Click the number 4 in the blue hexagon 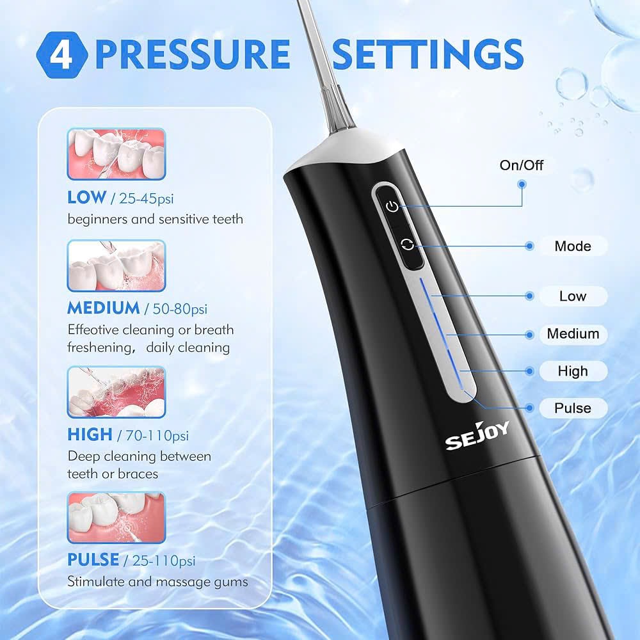pos(61,54)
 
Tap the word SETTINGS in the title pos(428,54)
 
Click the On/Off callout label pos(521,165)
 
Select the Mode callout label pos(572,246)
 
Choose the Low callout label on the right pos(572,296)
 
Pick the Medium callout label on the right pos(573,333)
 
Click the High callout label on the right pos(572,371)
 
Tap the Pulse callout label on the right pos(573,408)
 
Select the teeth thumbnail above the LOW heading pos(116,154)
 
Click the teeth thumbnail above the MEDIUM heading pos(116,266)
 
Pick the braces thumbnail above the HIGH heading pos(116,392)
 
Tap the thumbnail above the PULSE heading pos(116,517)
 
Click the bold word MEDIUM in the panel pos(103,308)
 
